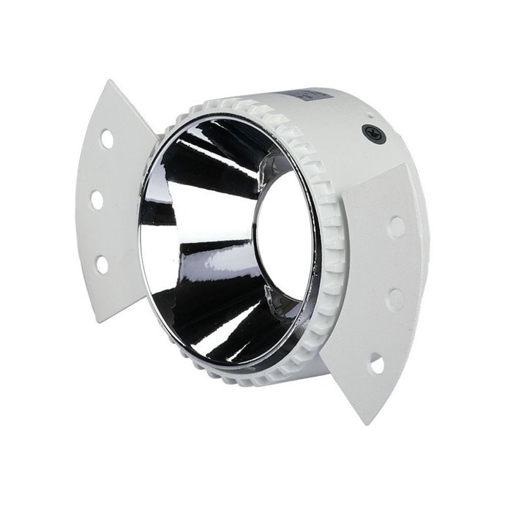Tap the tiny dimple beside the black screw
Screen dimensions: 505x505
(370, 116)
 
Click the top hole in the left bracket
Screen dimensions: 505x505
(108, 138)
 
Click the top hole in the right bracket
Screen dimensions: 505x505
(396, 225)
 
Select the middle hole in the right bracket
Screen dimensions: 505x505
(395, 298)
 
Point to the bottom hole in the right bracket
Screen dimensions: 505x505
(377, 362)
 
